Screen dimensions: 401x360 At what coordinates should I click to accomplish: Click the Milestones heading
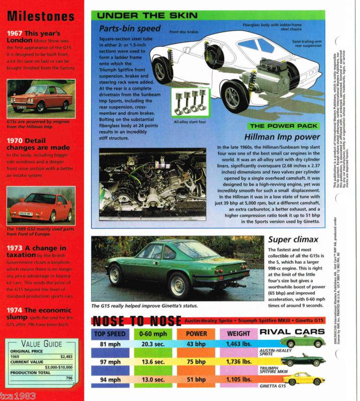pyautogui.click(x=41, y=16)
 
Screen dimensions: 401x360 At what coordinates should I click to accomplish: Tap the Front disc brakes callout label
pyautogui.click(x=184, y=32)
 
